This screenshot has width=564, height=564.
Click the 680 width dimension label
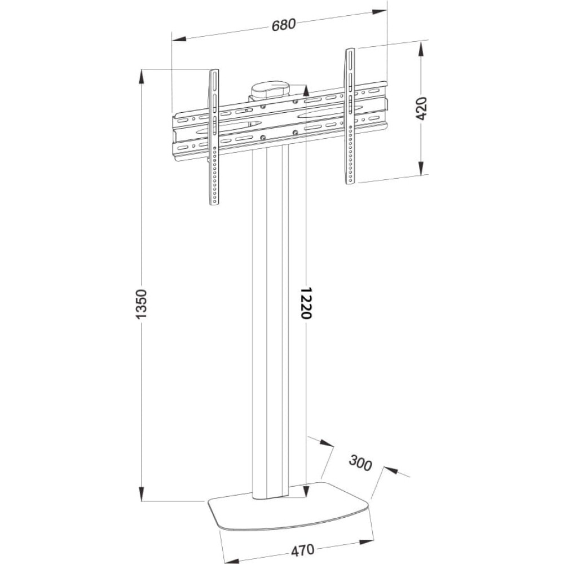point(284,25)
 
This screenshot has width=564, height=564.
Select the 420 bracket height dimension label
point(421,108)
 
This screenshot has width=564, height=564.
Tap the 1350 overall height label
point(142,303)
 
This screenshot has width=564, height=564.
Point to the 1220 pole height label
point(305,303)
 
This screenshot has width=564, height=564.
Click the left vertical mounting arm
point(214,137)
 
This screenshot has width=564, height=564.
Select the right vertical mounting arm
point(350,116)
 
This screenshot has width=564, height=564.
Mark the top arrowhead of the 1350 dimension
point(142,78)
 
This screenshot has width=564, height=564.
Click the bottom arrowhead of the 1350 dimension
point(142,492)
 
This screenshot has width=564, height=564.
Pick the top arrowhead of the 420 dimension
point(421,48)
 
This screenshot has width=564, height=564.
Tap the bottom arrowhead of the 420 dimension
point(421,168)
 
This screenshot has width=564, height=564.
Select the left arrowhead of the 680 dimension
point(179,38)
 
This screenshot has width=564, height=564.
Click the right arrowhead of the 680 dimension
point(380,11)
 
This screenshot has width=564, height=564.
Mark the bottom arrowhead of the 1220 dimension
point(305,490)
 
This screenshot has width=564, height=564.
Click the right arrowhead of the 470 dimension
point(366,541)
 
